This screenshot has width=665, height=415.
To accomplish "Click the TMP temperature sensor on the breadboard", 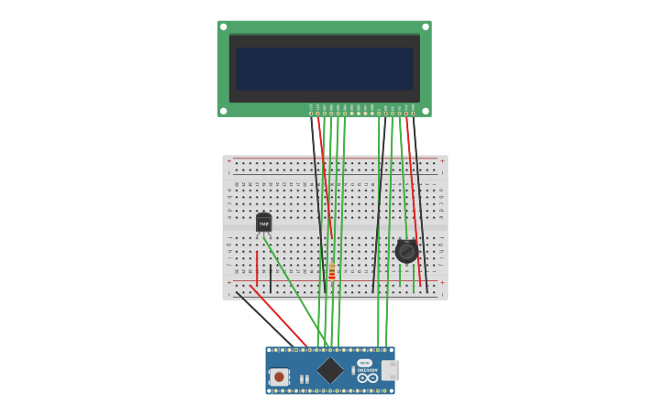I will point(263,223).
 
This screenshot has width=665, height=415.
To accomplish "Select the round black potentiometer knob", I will point(406,250).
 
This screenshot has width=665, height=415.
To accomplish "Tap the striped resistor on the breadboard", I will point(332,271).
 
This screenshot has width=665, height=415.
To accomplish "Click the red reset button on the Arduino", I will point(279,377).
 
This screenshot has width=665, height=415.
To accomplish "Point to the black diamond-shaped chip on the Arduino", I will point(329,370).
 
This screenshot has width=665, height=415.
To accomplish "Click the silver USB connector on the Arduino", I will point(390,370).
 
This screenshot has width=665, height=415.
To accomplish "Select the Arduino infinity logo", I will point(367,377).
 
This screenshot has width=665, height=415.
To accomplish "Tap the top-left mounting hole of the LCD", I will point(223,27).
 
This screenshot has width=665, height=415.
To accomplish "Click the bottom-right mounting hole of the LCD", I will point(427,111).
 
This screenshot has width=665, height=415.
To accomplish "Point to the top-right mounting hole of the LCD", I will point(427,27).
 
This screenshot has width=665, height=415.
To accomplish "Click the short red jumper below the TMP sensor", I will point(257,267).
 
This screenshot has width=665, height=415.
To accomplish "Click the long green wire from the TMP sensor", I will point(295,289).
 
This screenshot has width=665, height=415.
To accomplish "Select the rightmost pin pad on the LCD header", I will point(413,114).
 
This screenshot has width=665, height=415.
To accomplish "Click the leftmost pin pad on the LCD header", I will point(311,114).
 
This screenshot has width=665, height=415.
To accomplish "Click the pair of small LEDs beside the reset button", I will point(304,379).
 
